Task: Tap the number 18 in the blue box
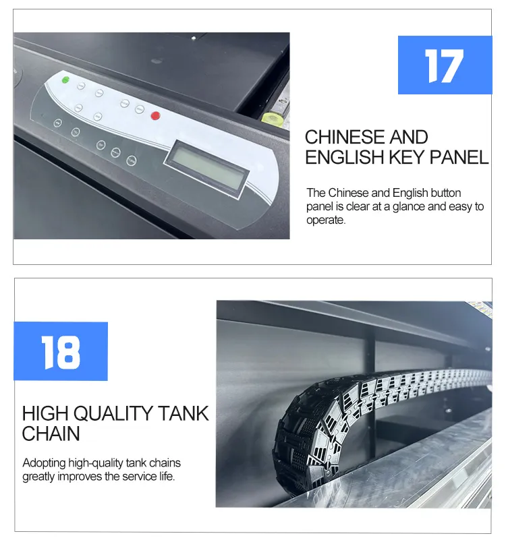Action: tap(61, 352)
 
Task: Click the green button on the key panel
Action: tap(65, 80)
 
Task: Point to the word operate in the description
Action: tap(326, 220)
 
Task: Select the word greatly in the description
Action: tap(40, 477)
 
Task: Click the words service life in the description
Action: tap(149, 477)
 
